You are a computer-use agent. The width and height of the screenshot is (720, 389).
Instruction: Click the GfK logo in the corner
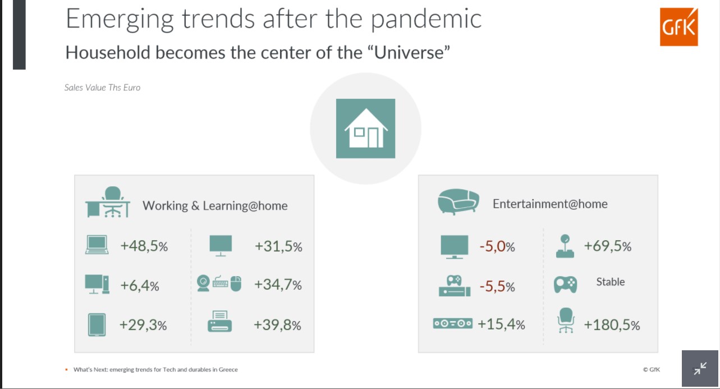679,27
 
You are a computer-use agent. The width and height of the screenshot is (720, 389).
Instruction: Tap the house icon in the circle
366,129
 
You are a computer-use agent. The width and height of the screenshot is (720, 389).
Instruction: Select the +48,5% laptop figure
144,246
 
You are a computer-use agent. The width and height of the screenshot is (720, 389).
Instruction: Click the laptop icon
97,245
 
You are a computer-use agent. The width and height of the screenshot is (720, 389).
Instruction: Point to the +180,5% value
612,324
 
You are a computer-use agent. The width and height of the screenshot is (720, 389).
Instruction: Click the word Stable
611,282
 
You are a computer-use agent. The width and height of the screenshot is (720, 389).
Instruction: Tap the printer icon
219,321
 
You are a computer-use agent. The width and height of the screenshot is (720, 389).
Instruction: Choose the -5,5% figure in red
497,286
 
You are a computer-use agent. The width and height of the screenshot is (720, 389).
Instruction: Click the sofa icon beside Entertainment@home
458,202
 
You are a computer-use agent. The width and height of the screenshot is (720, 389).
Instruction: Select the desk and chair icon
108,202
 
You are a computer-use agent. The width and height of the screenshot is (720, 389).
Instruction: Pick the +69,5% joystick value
608,246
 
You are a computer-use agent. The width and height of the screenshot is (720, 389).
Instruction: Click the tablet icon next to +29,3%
97,325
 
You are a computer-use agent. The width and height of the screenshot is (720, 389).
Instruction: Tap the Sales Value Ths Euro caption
102,88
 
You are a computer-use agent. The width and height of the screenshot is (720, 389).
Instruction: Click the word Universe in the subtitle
412,52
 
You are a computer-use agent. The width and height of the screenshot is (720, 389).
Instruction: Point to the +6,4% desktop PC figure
140,286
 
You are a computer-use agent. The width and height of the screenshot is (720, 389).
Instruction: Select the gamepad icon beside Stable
565,285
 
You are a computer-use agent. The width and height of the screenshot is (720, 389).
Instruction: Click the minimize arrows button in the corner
700,368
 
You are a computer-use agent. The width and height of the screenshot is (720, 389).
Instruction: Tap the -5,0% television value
497,246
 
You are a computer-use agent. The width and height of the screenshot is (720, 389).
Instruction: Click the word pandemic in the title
426,19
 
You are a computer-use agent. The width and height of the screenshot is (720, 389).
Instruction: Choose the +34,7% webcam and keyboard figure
278,285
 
